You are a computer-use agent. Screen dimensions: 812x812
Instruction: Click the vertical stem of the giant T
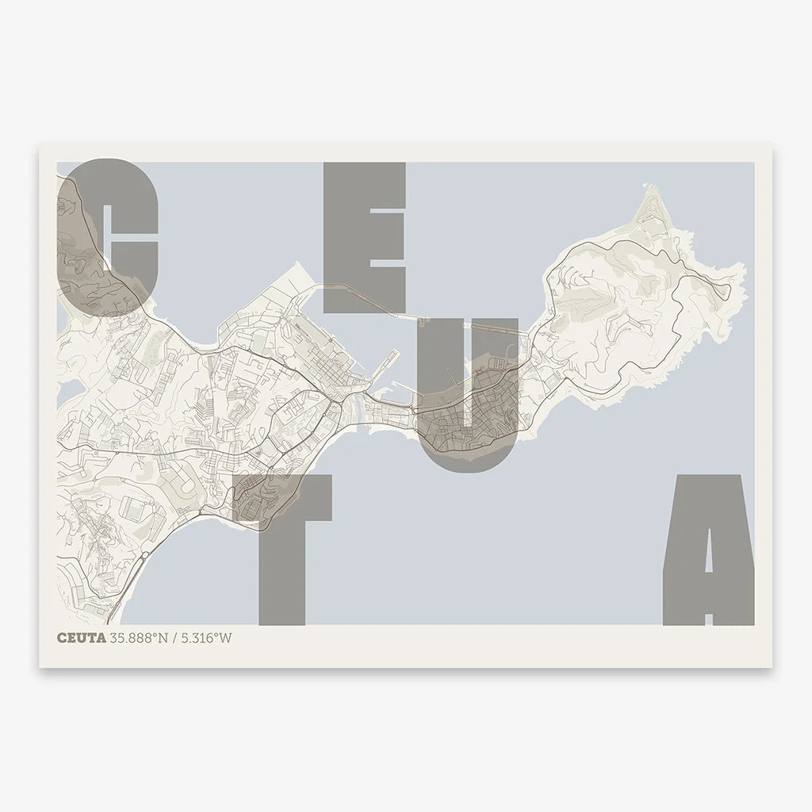click(282, 571)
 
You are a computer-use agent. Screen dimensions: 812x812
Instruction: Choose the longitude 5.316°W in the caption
click(206, 638)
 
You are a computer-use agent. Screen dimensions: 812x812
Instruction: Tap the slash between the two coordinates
click(176, 638)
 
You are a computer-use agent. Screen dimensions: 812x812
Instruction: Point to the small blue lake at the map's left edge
click(68, 389)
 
